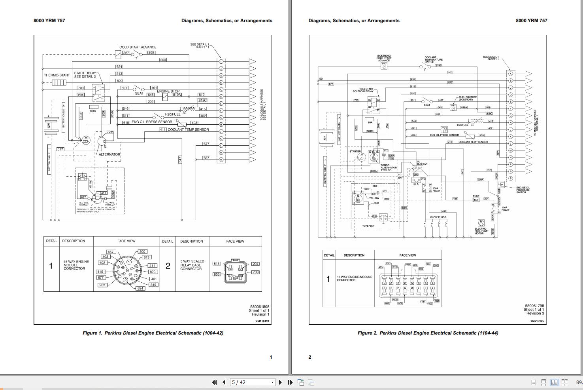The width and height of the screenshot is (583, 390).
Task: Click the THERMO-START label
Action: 57,75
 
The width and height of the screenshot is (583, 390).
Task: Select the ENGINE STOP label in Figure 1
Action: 168,91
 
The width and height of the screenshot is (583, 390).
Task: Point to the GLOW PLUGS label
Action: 438,217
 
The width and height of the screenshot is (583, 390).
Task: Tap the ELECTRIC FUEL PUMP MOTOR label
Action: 481,231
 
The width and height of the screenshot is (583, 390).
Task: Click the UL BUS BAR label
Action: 422,163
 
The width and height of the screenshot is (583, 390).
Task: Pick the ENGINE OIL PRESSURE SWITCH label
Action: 523,190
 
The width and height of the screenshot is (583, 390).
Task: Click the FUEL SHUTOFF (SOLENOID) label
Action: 468,98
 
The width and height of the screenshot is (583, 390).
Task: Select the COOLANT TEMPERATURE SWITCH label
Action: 433,59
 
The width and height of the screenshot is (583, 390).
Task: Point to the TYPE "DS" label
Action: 368,226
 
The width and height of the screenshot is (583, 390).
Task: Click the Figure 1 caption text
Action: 153,333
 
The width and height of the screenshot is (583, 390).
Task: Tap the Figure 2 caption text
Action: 428,333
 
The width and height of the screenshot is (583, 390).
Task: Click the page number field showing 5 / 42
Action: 252,382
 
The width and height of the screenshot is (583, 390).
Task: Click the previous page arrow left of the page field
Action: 224,382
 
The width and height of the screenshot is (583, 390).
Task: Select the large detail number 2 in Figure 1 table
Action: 168,266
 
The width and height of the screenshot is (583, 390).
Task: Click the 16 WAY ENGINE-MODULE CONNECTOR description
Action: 354,278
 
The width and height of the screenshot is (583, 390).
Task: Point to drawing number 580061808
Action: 259,306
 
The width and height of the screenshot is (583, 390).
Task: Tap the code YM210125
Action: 537,321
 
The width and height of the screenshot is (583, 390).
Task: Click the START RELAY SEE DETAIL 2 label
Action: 85,74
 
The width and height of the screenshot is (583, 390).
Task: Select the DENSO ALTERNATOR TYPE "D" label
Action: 388,167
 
